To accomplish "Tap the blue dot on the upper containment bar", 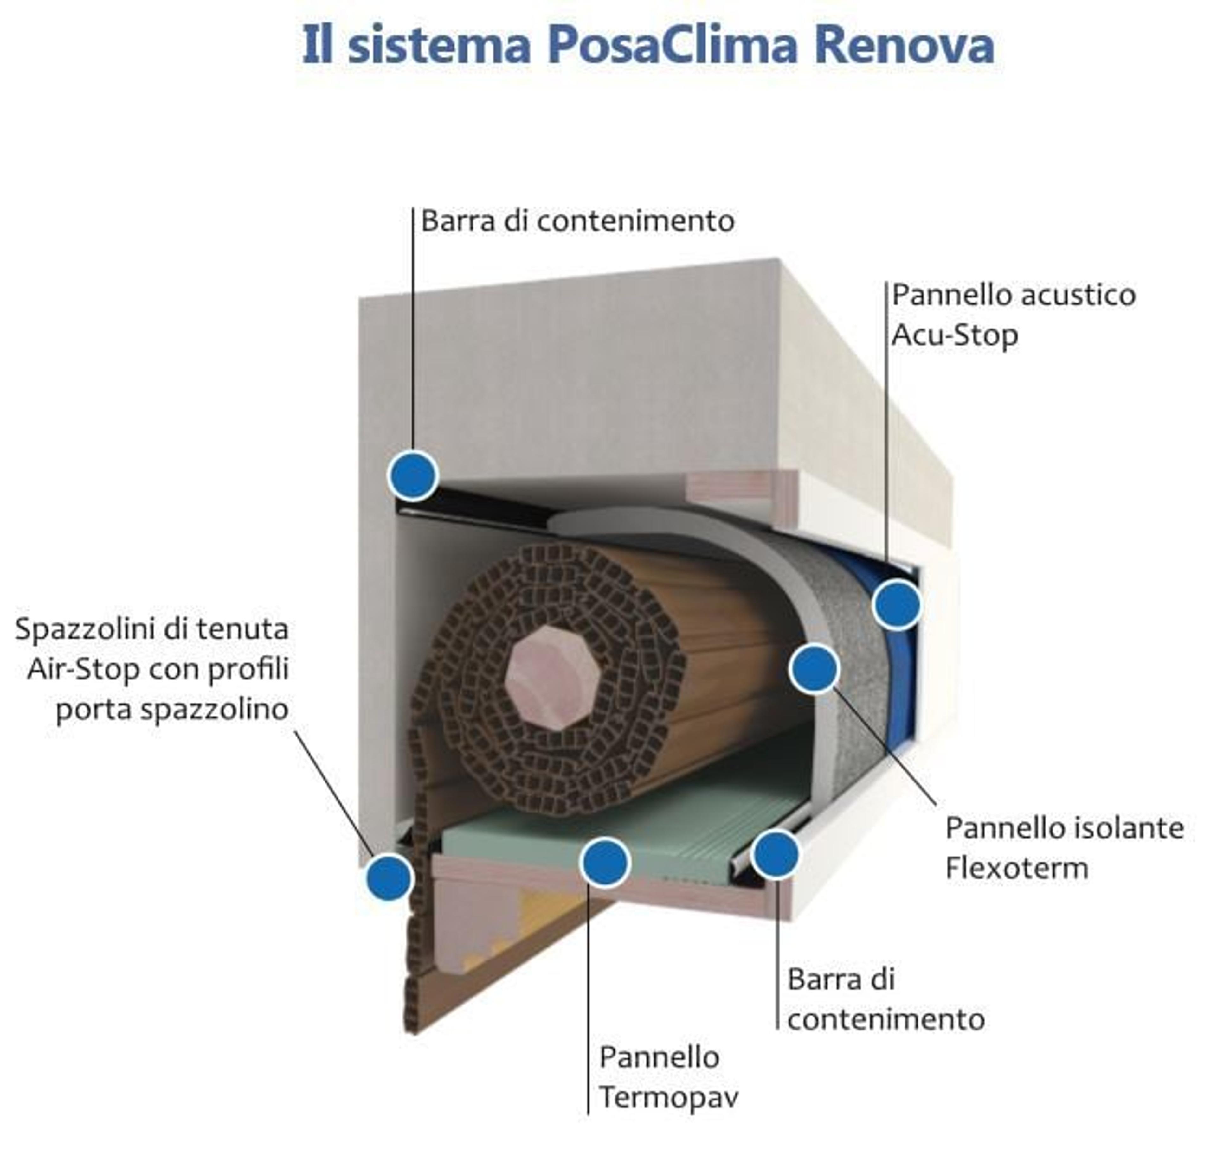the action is coord(413,475).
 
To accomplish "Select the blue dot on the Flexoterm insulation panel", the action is coord(814,668).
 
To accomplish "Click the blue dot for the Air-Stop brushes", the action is coord(389,877).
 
